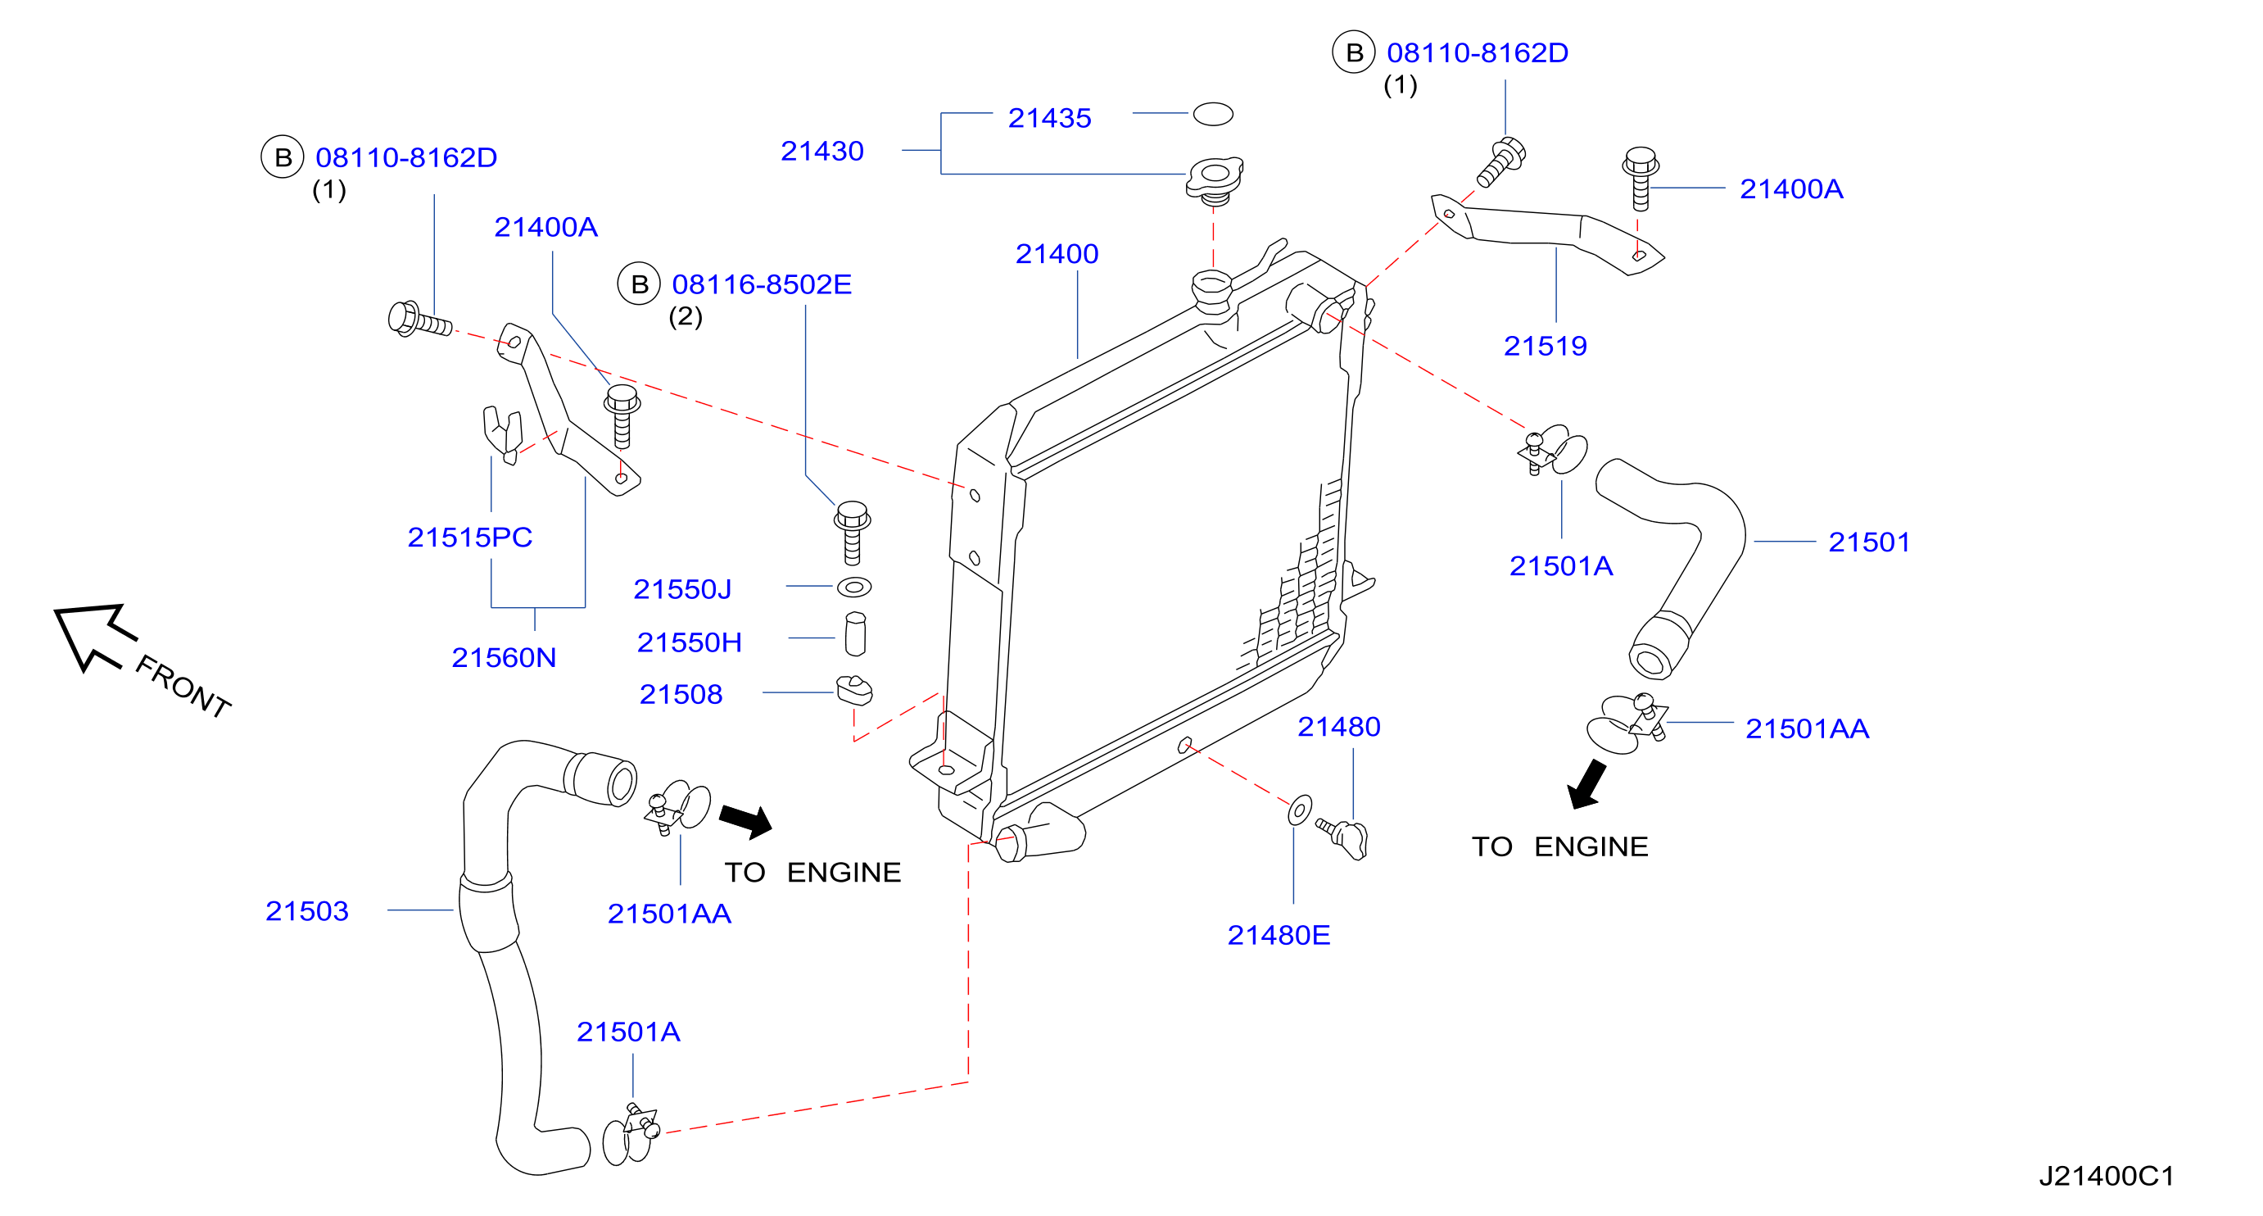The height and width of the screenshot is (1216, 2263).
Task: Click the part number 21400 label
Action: click(1056, 254)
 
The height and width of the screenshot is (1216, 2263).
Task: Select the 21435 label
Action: click(1049, 118)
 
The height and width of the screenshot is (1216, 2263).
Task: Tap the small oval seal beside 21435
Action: click(1212, 114)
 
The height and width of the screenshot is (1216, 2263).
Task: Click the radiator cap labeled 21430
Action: click(1214, 180)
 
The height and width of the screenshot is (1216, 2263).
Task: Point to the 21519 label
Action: click(1546, 346)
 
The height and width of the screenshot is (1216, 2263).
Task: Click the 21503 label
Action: click(306, 911)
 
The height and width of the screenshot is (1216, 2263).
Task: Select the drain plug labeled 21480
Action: click(1343, 838)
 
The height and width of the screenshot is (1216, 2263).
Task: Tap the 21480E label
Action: click(1279, 936)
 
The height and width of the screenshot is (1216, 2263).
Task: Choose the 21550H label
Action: click(689, 643)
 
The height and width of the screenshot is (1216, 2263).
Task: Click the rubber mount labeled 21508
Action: click(854, 691)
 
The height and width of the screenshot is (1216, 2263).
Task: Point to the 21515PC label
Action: click(470, 538)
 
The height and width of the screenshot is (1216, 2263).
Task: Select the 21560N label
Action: click(504, 658)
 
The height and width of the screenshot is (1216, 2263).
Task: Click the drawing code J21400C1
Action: click(2106, 1177)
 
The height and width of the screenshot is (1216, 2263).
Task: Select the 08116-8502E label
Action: click(762, 284)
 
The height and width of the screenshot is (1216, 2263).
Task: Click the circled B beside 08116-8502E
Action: click(639, 284)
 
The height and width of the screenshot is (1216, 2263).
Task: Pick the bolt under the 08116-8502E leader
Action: click(851, 533)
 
